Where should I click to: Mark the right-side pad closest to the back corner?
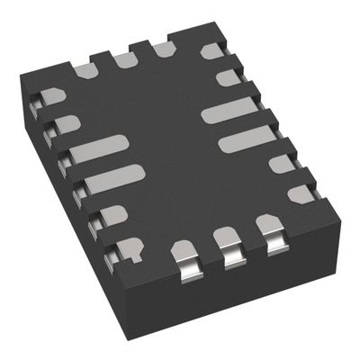click(212, 50)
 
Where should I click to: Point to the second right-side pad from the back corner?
click(229, 79)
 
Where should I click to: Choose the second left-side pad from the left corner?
click(67, 123)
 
